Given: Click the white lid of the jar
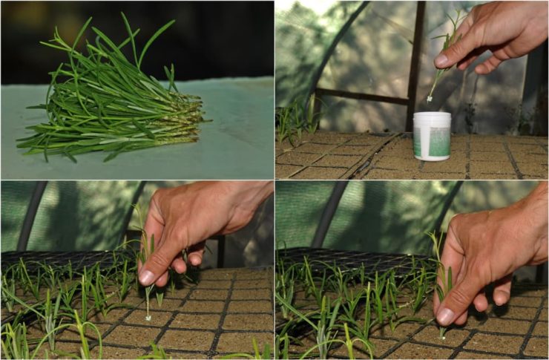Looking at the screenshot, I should click(x=432, y=117).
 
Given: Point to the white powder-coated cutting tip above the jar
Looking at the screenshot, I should click(x=430, y=96).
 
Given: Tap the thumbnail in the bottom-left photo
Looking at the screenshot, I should click(x=147, y=277).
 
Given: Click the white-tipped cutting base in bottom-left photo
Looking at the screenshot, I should click(x=148, y=317).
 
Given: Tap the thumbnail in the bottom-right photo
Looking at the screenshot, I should click(x=446, y=315).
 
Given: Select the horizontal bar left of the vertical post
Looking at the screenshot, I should click(x=360, y=96).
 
